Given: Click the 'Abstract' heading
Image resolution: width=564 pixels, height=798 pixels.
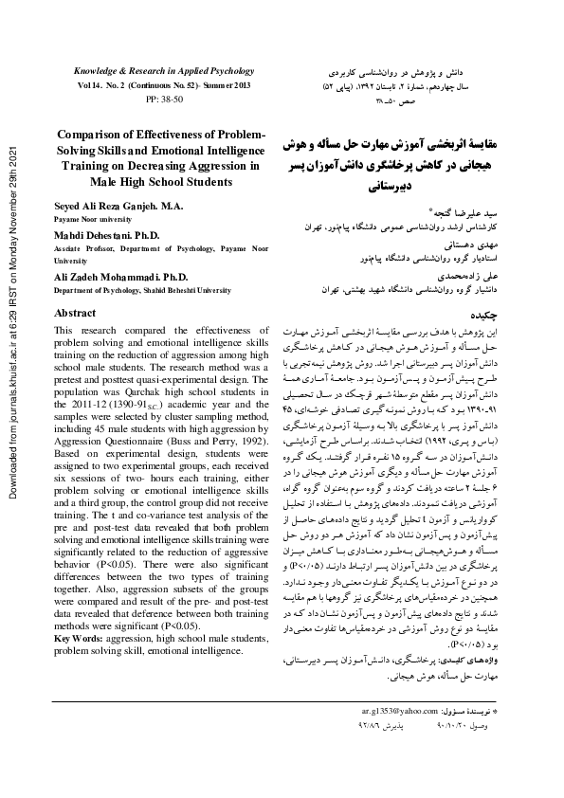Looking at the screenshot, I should (x=76, y=312).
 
